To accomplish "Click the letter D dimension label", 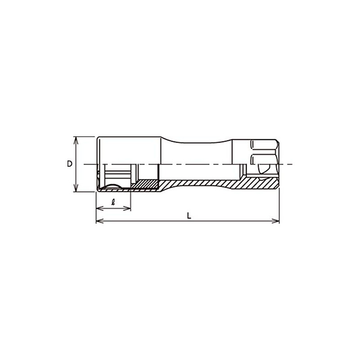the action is (x=70, y=164).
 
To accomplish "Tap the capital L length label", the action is (x=189, y=216).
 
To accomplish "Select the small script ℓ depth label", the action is (x=113, y=202).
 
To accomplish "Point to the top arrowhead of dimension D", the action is (x=76, y=140).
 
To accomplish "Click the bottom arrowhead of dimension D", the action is (x=76, y=188).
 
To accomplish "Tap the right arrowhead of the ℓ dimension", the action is (x=127, y=208).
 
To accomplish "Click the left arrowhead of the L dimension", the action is (x=99, y=221).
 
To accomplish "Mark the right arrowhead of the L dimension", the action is (x=275, y=221).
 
